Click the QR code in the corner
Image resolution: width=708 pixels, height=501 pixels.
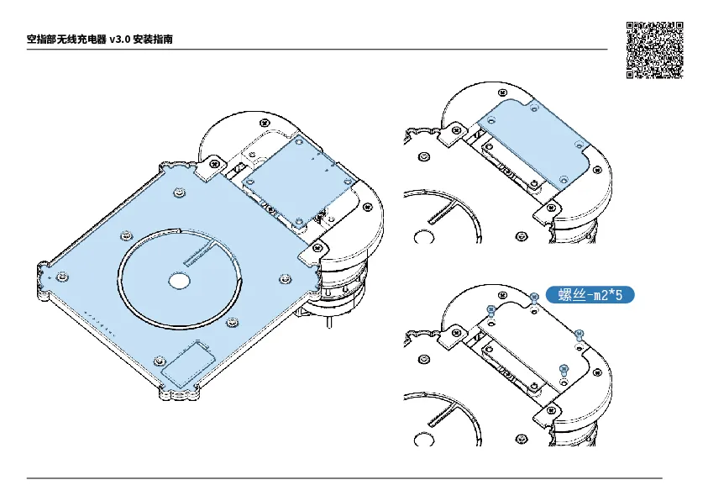654,50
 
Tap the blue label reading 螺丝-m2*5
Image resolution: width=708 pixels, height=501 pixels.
590,295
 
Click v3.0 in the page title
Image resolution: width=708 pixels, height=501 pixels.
119,40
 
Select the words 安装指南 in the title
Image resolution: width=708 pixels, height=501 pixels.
153,40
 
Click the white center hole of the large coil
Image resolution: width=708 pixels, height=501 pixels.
179,281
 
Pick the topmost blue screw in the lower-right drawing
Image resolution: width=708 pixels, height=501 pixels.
533,298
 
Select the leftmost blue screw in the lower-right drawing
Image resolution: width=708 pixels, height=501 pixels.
491,310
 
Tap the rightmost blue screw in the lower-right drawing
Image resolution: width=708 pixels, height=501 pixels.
580,335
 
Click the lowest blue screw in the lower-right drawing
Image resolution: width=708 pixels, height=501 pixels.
564,370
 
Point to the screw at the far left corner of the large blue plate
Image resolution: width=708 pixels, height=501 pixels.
62,277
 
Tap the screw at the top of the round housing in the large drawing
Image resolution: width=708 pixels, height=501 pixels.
265,123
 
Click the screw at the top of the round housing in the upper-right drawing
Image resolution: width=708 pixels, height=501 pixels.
502,93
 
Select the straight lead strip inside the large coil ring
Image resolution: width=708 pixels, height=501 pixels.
199,255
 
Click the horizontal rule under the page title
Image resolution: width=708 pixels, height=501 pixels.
317,50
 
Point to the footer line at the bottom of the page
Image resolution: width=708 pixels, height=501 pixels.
344,477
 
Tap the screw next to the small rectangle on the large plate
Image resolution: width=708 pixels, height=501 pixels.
160,361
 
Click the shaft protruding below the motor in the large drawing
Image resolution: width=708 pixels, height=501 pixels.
329,322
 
